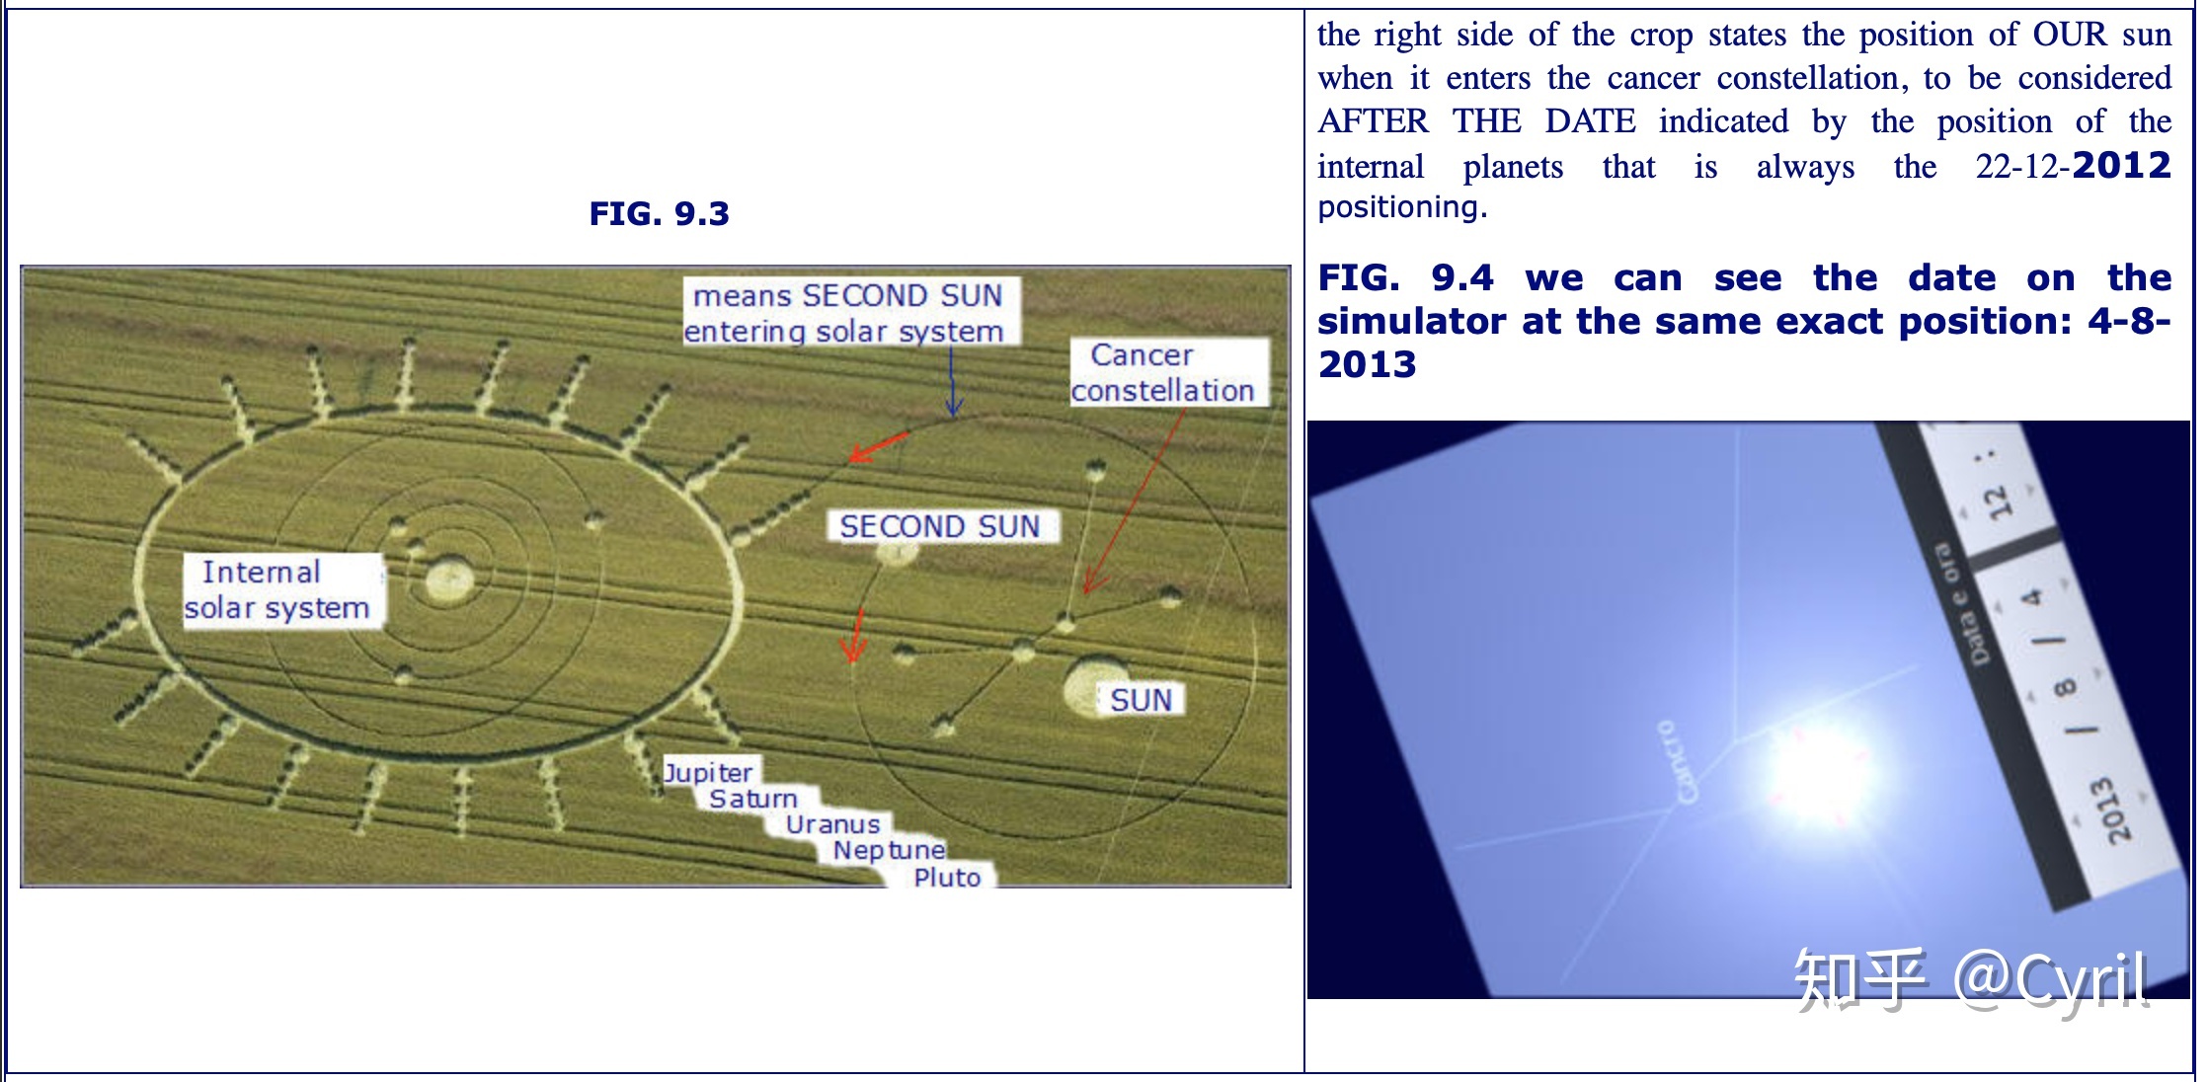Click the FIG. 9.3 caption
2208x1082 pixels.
pos(659,213)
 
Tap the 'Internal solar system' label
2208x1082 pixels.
pos(281,590)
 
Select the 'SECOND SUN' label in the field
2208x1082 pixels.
pos(940,526)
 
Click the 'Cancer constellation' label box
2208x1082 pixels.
pos(1166,372)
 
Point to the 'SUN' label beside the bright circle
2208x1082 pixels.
pos(1142,700)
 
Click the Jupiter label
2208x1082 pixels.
pos(708,772)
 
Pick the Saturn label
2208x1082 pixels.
pos(753,799)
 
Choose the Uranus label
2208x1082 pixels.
pos(832,824)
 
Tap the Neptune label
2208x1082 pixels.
pos(889,850)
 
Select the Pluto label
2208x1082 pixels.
pos(947,877)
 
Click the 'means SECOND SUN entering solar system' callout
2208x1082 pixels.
pos(848,312)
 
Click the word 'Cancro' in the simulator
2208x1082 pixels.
pos(1678,761)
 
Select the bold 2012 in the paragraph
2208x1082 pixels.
pos(2122,165)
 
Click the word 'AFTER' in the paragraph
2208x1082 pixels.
pos(1373,121)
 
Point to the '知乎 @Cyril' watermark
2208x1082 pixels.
pos(1970,979)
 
